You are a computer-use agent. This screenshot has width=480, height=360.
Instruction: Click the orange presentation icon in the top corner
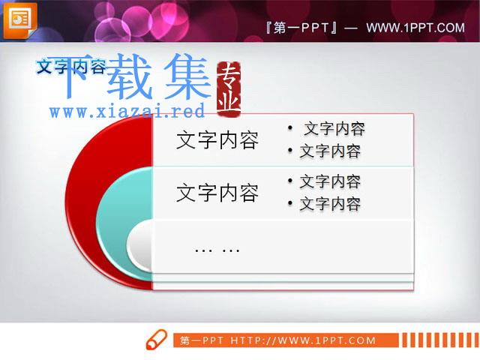click(x=19, y=20)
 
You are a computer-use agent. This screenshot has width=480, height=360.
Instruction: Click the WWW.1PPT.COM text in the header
click(x=415, y=28)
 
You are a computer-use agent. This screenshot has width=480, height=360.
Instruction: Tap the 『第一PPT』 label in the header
click(x=301, y=28)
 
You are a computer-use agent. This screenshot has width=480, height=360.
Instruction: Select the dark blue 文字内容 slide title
click(x=71, y=67)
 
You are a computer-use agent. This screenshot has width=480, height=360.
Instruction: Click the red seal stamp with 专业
click(x=228, y=89)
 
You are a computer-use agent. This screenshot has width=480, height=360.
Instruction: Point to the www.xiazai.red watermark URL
click(x=127, y=112)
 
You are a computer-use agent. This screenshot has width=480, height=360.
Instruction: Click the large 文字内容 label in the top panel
click(x=217, y=140)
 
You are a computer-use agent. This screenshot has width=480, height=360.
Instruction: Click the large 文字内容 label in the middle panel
click(x=217, y=193)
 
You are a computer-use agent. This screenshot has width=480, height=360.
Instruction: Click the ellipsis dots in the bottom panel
click(x=217, y=250)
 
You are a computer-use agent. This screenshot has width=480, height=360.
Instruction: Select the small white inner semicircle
click(x=140, y=246)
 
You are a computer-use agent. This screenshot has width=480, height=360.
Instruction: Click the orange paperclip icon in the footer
click(x=157, y=340)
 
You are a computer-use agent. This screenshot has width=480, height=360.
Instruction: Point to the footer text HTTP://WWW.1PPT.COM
click(x=303, y=340)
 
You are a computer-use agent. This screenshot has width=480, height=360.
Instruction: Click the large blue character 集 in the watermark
click(x=187, y=76)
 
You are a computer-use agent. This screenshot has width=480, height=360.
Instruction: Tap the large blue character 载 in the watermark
click(x=130, y=76)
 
